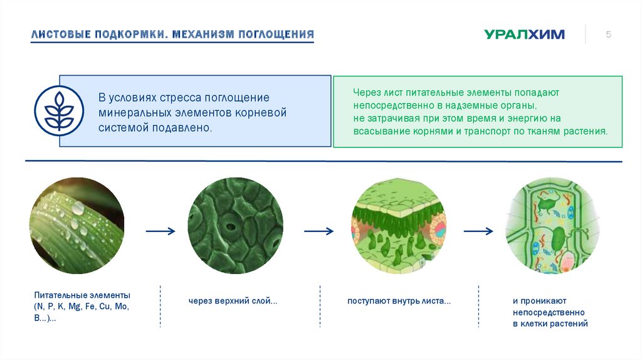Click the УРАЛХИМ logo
pos(524,34)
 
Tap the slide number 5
pos(608,34)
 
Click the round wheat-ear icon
pos(59,111)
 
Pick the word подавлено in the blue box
pos(187,128)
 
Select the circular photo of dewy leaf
pos(76,226)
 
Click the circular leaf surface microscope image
pos(235,226)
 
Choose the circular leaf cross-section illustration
pos(399,226)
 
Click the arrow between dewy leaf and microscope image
pos(160,231)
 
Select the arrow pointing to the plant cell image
pos(478,231)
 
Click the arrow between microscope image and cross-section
pos(318,231)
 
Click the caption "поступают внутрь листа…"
pos(399,302)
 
